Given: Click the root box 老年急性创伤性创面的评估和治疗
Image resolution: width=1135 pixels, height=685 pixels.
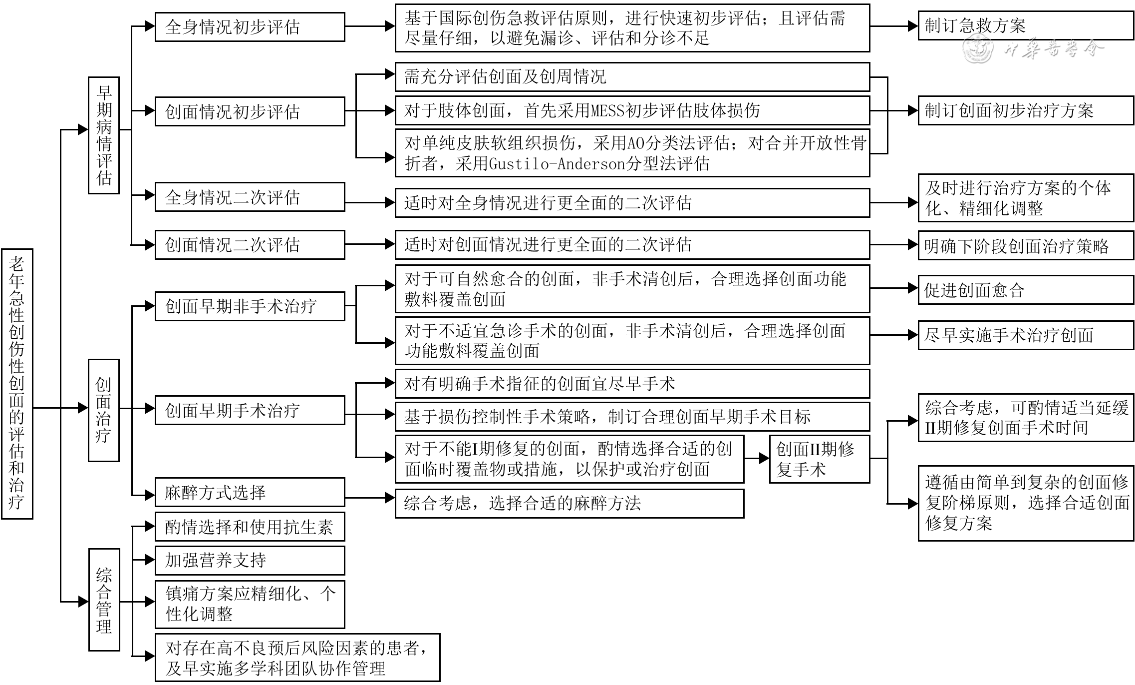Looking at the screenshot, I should (17, 383).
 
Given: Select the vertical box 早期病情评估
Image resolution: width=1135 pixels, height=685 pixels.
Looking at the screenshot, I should (104, 135).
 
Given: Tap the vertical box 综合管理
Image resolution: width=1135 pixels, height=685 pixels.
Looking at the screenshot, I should (104, 599).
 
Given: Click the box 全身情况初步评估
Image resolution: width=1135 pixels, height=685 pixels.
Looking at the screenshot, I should (250, 27).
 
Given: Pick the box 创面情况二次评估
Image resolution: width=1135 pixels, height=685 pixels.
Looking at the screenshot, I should (250, 245).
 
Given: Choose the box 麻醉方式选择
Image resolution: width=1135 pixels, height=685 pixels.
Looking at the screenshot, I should (250, 493).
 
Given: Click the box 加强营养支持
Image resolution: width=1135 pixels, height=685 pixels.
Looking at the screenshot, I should (250, 560).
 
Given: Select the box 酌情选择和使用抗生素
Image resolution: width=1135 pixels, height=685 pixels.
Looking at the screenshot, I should (250, 527).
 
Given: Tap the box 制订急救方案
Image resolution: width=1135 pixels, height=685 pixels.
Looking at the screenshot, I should (1026, 25).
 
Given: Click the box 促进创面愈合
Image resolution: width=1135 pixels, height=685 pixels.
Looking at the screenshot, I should (1026, 290).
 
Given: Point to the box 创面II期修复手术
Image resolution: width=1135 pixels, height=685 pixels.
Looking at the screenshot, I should (819, 459).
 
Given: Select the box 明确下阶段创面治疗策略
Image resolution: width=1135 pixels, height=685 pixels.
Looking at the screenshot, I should (1026, 246).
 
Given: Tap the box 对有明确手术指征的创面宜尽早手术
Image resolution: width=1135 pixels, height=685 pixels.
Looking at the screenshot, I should (632, 384).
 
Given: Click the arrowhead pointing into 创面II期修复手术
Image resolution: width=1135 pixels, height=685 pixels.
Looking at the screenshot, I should (764, 458).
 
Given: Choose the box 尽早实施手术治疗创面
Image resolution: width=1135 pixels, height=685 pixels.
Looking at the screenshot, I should (1026, 335).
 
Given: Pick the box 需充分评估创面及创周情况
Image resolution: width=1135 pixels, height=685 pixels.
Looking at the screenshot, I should (632, 77).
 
